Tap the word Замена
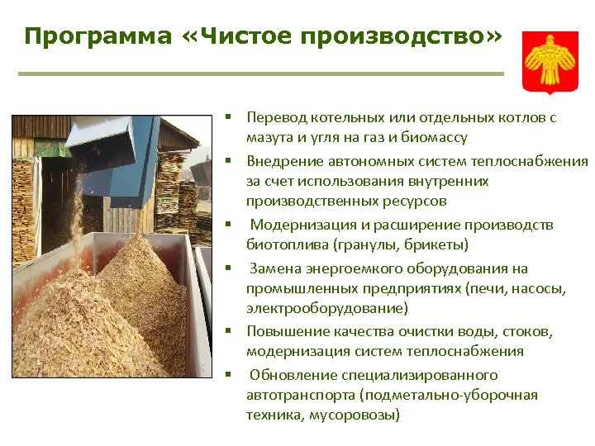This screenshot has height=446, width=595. click(274, 268)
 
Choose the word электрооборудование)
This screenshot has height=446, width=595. click(326, 308)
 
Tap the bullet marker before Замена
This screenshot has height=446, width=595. click(236, 268)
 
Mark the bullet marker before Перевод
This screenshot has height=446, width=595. click(236, 117)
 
